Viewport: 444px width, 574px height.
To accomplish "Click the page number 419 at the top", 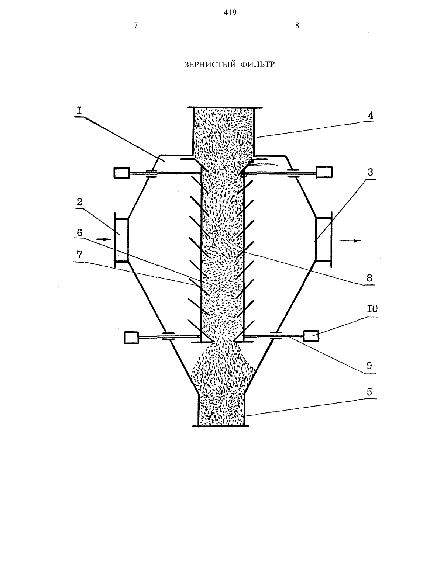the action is click(x=230, y=13).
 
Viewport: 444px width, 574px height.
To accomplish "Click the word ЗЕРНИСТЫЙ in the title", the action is click(x=210, y=65).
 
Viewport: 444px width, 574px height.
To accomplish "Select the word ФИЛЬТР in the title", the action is click(x=258, y=65).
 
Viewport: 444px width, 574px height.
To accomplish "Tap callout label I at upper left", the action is click(x=79, y=111).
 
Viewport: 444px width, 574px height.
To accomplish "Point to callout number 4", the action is click(x=371, y=115).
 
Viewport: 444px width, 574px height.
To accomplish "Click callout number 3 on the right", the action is click(x=370, y=172).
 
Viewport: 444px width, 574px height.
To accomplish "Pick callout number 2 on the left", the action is click(x=79, y=202).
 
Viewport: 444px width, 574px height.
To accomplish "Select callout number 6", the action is click(x=79, y=232).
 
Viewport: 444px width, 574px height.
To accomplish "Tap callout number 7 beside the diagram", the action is click(x=79, y=255).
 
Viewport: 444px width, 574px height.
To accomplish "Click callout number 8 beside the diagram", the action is click(x=369, y=278).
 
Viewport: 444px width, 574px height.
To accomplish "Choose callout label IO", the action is click(x=372, y=309).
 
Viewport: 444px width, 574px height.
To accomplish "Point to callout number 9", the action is click(x=369, y=366).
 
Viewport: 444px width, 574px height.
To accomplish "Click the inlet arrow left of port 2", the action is click(x=103, y=239).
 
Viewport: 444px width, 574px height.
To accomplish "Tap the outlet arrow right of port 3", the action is click(x=350, y=241).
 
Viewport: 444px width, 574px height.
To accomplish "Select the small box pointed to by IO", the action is click(x=311, y=336).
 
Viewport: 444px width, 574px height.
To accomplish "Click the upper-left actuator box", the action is click(x=122, y=173).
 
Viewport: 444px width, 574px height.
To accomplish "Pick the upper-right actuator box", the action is click(x=324, y=172).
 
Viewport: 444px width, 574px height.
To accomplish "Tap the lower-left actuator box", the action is click(x=132, y=338).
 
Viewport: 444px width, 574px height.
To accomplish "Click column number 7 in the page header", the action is click(x=136, y=25).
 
